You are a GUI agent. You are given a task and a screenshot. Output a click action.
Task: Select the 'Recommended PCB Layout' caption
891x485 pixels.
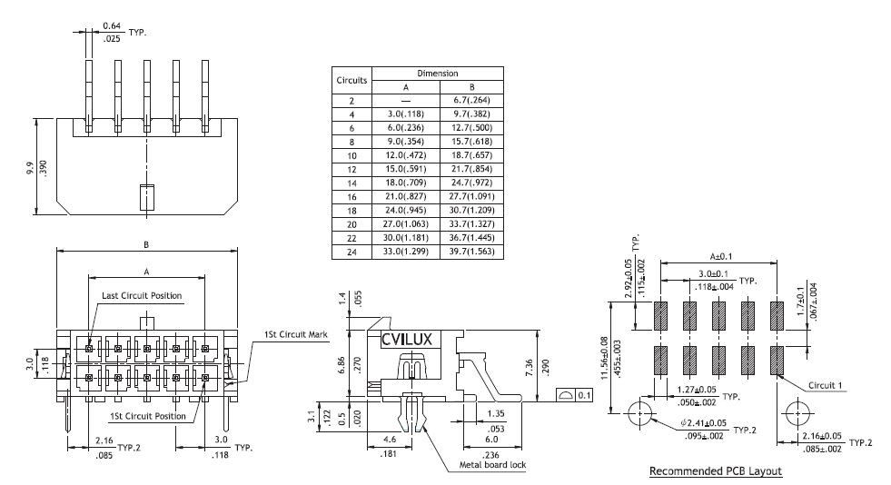[716, 471]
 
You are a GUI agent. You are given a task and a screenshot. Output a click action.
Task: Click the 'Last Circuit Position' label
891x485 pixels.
[141, 296]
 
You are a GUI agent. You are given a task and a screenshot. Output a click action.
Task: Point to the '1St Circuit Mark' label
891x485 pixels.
[296, 334]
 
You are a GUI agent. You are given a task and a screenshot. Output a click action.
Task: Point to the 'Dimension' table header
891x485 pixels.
[438, 73]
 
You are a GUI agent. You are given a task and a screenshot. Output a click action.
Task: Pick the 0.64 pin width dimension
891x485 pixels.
[86, 25]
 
